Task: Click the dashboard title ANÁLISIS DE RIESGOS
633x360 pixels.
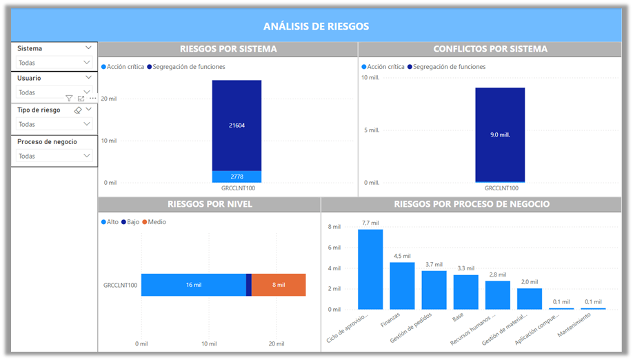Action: click(316, 26)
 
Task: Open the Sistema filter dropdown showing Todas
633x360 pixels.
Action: click(54, 63)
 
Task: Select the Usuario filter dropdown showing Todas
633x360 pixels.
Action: click(54, 92)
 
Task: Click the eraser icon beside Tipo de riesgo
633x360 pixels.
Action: click(78, 110)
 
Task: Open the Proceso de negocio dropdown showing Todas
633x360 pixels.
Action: click(54, 156)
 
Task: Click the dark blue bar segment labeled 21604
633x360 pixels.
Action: click(237, 126)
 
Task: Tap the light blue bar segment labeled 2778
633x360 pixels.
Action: click(237, 177)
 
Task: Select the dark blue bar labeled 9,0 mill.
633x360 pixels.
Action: click(499, 134)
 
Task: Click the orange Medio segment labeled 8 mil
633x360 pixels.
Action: click(279, 285)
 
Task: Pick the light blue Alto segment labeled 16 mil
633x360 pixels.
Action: click(193, 285)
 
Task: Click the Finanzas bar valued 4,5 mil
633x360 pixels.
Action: click(402, 286)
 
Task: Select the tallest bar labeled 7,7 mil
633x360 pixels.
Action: click(370, 269)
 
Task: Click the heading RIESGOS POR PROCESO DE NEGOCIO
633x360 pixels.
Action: click(472, 204)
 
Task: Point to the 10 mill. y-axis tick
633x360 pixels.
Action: click(370, 77)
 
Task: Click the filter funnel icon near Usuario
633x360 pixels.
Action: click(69, 99)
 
